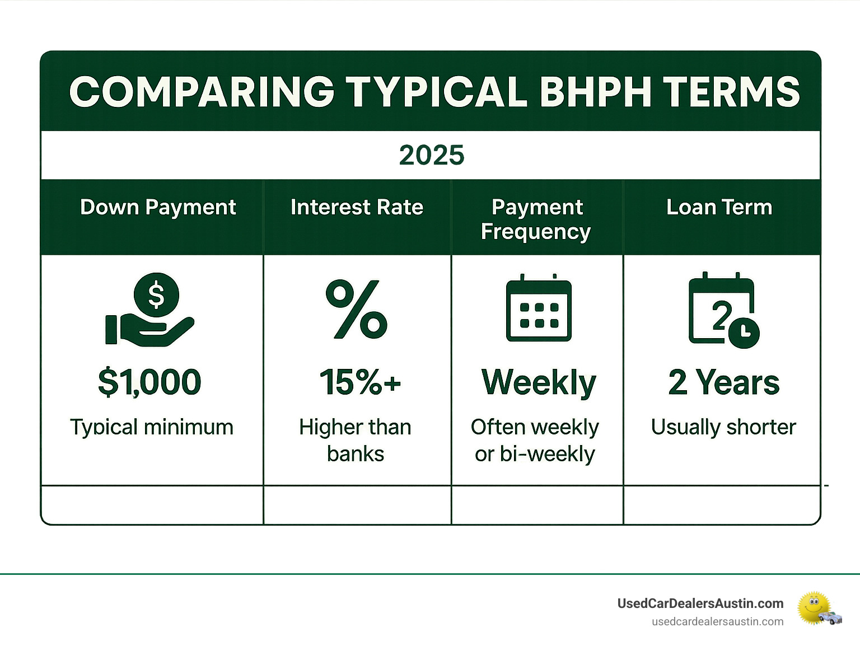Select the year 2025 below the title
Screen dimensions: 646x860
(x=431, y=155)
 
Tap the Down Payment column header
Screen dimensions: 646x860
(x=158, y=207)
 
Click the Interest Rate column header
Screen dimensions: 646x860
(x=357, y=207)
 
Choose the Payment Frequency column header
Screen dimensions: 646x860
(x=536, y=219)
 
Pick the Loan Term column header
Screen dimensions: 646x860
(x=719, y=207)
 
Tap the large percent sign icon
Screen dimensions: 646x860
(x=357, y=309)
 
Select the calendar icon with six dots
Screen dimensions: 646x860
(x=538, y=309)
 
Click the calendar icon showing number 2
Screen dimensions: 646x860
(x=721, y=309)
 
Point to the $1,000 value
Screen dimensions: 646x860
(x=149, y=382)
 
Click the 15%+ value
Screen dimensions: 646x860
(x=360, y=382)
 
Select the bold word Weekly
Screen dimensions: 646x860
(x=539, y=383)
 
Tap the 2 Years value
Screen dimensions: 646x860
(x=723, y=382)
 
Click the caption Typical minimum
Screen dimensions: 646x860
(x=151, y=427)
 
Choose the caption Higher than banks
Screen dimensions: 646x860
(x=356, y=440)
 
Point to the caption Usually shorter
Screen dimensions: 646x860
(x=723, y=427)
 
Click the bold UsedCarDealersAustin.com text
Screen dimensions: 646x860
(x=700, y=603)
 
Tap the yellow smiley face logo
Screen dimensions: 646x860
(x=815, y=607)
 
